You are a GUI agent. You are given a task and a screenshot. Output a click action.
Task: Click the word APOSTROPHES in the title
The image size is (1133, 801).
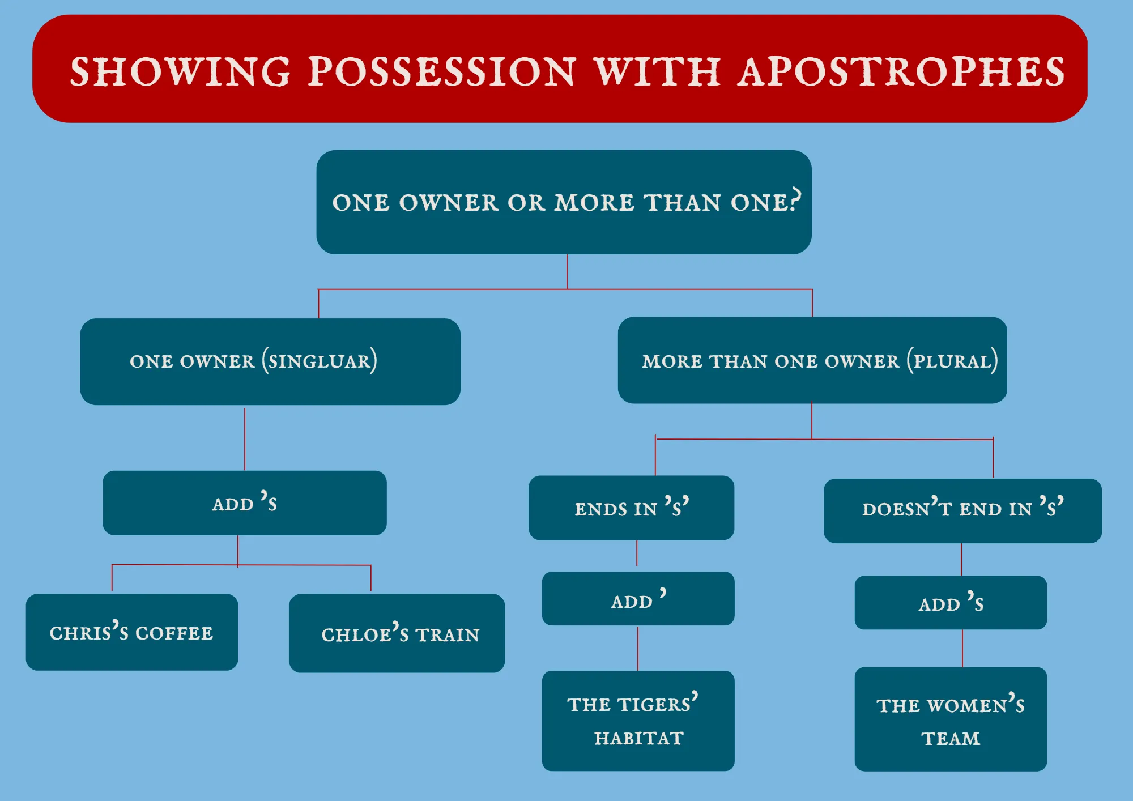[901, 72]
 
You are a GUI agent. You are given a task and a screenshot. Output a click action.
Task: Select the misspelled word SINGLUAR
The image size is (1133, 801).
[320, 360]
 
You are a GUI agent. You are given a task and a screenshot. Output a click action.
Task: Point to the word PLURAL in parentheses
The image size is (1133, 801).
[952, 360]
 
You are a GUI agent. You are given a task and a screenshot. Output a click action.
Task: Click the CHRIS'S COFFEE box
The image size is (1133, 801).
[132, 632]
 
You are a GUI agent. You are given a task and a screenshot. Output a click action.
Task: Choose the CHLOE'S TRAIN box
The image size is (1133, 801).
[397, 633]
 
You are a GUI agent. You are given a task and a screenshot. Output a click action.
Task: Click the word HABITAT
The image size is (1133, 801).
[639, 738]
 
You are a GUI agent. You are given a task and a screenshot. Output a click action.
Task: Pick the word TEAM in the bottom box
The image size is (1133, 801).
[951, 739]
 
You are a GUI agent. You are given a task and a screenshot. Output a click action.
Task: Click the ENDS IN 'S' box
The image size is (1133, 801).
[631, 508]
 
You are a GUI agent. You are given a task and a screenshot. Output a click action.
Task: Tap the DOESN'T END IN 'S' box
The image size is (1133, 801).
[962, 511]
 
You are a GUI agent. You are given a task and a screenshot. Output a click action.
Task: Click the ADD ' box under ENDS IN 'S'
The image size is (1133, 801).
[638, 598]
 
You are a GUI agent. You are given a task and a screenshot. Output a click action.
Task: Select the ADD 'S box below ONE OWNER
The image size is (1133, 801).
[245, 503]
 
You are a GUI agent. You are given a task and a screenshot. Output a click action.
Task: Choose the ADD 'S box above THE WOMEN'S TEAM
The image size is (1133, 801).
[951, 603]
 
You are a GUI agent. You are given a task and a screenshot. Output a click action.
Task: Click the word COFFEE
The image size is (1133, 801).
[174, 633]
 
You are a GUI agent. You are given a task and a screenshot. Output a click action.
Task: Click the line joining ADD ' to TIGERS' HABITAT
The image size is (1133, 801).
[638, 648]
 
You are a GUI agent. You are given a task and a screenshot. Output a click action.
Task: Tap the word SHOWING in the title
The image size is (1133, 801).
[180, 72]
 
